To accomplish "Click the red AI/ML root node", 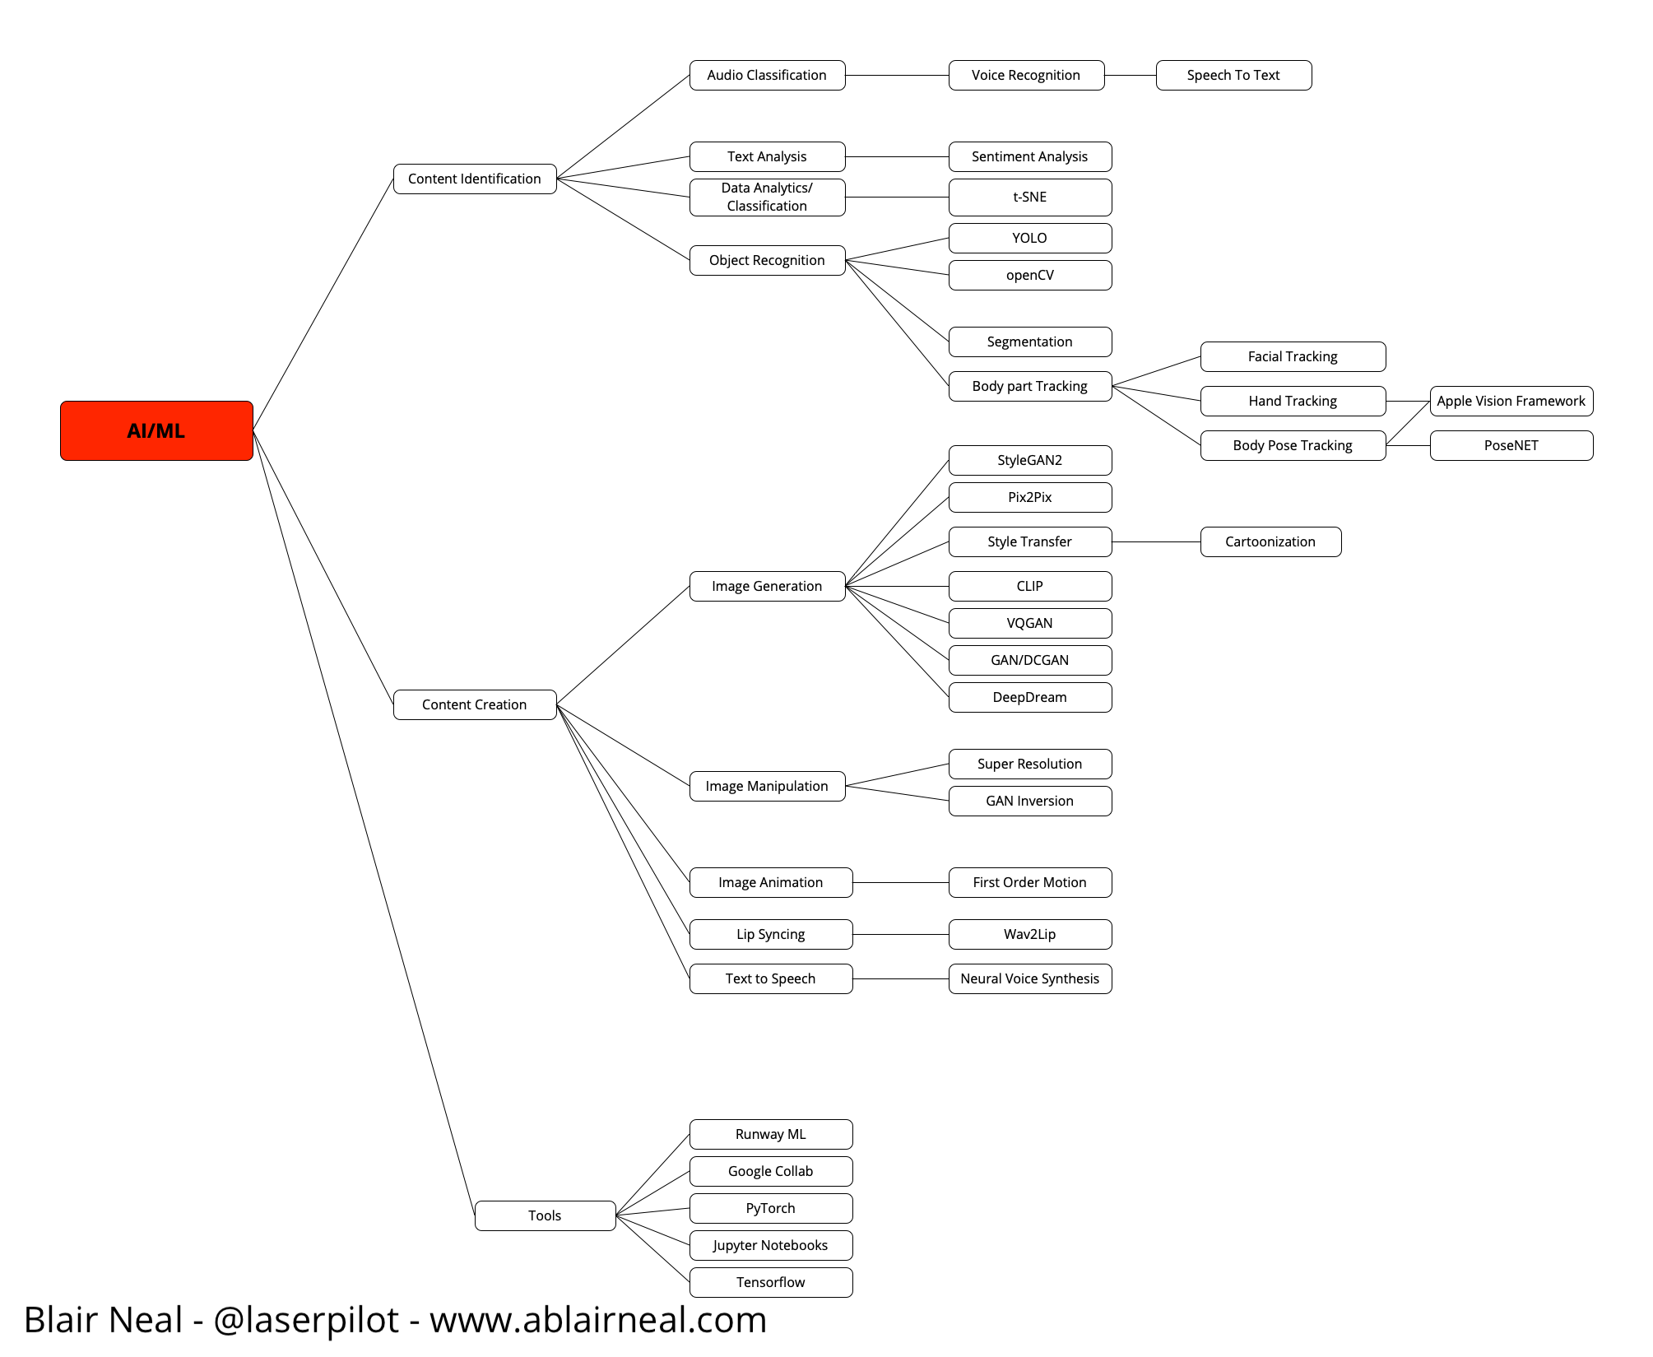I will point(156,430).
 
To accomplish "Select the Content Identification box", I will point(475,179).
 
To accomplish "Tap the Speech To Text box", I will point(1233,75).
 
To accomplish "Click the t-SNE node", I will point(1030,198).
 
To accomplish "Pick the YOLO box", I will point(1030,238).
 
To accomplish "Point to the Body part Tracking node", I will point(1030,386).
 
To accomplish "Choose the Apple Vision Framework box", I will point(1511,401).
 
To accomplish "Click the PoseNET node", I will point(1511,445).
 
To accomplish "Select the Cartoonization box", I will point(1270,541).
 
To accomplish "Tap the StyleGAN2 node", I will point(1030,460).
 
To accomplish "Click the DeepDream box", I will point(1030,697).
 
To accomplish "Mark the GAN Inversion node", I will point(1030,801).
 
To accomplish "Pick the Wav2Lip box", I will point(1030,934).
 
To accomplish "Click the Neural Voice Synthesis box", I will point(1030,978).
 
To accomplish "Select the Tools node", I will point(545,1215).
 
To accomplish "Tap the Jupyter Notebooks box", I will point(771,1245).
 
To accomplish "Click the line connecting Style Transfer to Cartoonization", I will point(1156,542).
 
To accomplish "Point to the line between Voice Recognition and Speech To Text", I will point(1130,76).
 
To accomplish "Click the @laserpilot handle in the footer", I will point(306,1319).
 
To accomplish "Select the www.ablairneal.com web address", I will point(598,1319).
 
